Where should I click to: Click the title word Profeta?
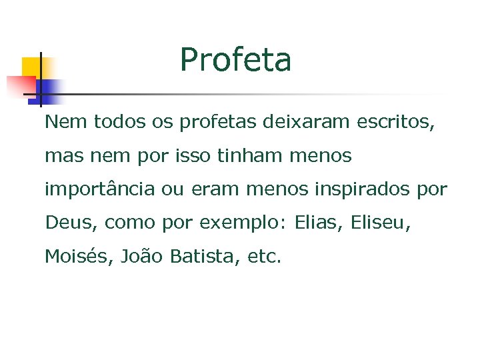coord(235,60)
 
